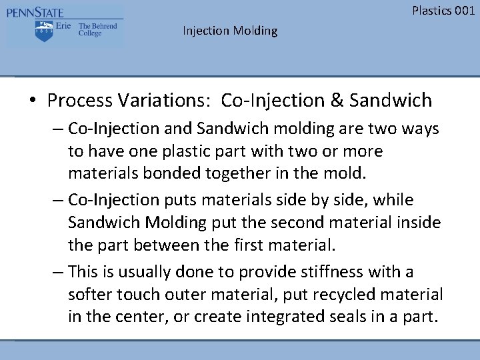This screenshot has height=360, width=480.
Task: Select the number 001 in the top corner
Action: click(x=463, y=10)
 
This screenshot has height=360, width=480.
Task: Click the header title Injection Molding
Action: click(x=230, y=31)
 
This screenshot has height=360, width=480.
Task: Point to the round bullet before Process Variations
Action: click(x=32, y=101)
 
